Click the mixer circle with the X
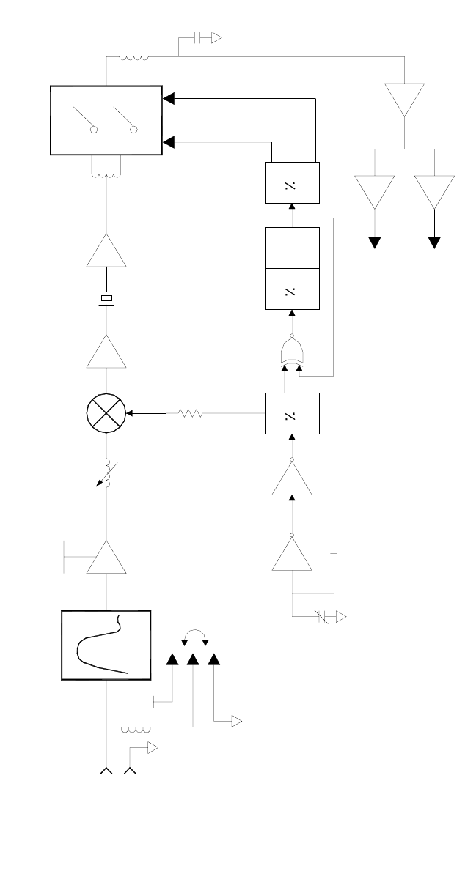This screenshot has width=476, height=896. [106, 413]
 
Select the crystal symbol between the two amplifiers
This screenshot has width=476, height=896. [107, 298]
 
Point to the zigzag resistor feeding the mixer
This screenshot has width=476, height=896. [190, 414]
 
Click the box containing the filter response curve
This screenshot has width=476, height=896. [106, 645]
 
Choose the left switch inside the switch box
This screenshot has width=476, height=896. [85, 120]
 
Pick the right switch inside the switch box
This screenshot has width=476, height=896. [125, 120]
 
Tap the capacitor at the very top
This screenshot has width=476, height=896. [199, 38]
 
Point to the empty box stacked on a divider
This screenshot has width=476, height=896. [291, 248]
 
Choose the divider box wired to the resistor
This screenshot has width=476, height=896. [291, 414]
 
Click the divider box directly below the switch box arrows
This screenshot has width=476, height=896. [291, 182]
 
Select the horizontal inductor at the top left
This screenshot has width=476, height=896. [134, 58]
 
